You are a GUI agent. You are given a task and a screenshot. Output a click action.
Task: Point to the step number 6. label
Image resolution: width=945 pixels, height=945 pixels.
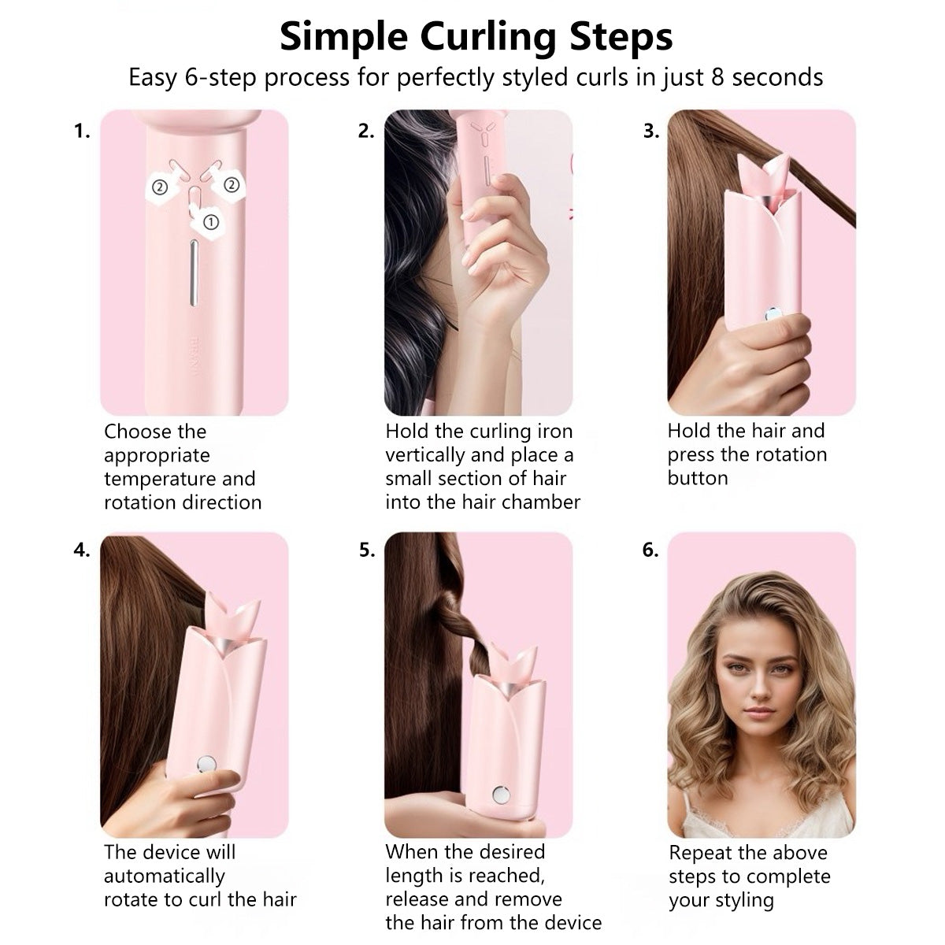tap(650, 550)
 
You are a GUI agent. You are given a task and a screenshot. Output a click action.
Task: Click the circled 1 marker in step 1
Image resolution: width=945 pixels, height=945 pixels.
tap(210, 222)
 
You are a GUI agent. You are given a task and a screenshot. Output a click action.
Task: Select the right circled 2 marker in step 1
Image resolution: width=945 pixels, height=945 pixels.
tap(231, 184)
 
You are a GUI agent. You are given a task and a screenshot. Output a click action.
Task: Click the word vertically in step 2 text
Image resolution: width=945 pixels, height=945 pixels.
tap(428, 455)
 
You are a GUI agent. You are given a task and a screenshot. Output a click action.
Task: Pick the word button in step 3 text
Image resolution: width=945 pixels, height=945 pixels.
tap(698, 478)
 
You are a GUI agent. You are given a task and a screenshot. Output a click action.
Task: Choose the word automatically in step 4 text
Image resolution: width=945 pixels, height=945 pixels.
tap(165, 876)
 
